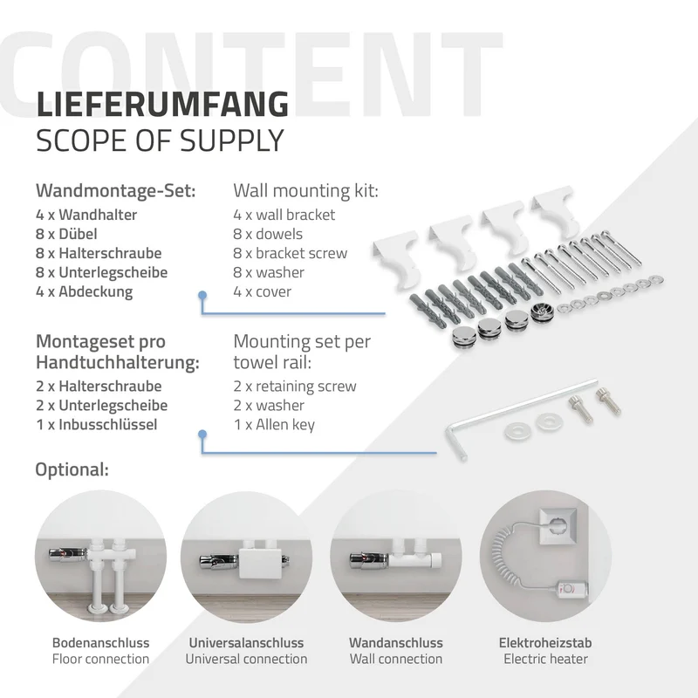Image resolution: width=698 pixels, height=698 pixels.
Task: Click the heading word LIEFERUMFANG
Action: tap(162, 104)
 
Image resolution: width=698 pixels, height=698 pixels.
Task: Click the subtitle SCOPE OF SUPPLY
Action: tap(160, 140)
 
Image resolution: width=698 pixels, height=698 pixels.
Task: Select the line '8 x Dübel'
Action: tap(66, 234)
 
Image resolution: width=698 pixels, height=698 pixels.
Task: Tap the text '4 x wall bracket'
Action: tap(284, 215)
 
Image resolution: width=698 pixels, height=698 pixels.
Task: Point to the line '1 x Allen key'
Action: tap(274, 425)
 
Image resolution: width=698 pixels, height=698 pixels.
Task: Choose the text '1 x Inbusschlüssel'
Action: tap(97, 424)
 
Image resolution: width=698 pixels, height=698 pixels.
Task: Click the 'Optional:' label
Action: tap(72, 469)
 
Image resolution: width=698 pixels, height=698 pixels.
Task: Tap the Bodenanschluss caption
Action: tap(100, 643)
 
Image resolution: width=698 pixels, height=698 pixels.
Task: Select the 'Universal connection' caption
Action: tap(246, 659)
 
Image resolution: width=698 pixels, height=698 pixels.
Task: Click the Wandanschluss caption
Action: tap(396, 643)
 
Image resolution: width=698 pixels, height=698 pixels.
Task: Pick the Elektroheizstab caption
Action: tap(545, 643)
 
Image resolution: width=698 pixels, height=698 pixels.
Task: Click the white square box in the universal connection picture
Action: tap(261, 563)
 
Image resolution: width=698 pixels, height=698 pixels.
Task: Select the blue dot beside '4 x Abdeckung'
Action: tap(202, 295)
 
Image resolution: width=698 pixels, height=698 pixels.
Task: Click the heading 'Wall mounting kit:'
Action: tap(306, 190)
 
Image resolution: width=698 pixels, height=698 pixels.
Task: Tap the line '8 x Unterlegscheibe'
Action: tap(101, 272)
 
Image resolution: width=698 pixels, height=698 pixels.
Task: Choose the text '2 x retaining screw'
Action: tap(295, 386)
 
